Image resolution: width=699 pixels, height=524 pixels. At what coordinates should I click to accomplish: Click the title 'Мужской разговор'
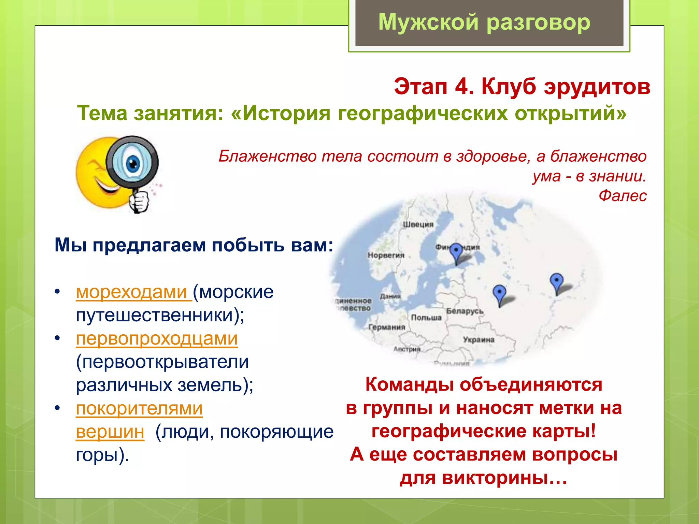coord(484,23)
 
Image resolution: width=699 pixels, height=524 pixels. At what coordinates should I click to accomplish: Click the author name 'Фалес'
coord(623,196)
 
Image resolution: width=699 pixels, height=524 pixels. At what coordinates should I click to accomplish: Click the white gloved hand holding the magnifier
coord(139,201)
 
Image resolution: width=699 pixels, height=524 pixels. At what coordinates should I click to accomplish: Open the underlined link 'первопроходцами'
coord(157,339)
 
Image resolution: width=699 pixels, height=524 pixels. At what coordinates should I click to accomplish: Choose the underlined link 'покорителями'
coord(139,409)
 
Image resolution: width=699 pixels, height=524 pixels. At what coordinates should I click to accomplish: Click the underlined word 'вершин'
coord(110,432)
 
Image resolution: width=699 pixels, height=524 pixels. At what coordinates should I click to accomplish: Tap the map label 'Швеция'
coord(418,224)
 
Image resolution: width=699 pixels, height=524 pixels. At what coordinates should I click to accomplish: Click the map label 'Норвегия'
coord(386,255)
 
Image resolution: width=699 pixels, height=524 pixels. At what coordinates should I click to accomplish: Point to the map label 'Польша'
coord(426,318)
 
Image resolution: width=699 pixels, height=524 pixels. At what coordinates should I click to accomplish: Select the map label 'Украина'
coord(479,340)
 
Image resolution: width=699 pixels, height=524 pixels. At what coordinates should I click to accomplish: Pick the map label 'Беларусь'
coord(465,311)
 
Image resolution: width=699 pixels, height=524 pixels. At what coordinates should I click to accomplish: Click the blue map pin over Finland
coord(456,251)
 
